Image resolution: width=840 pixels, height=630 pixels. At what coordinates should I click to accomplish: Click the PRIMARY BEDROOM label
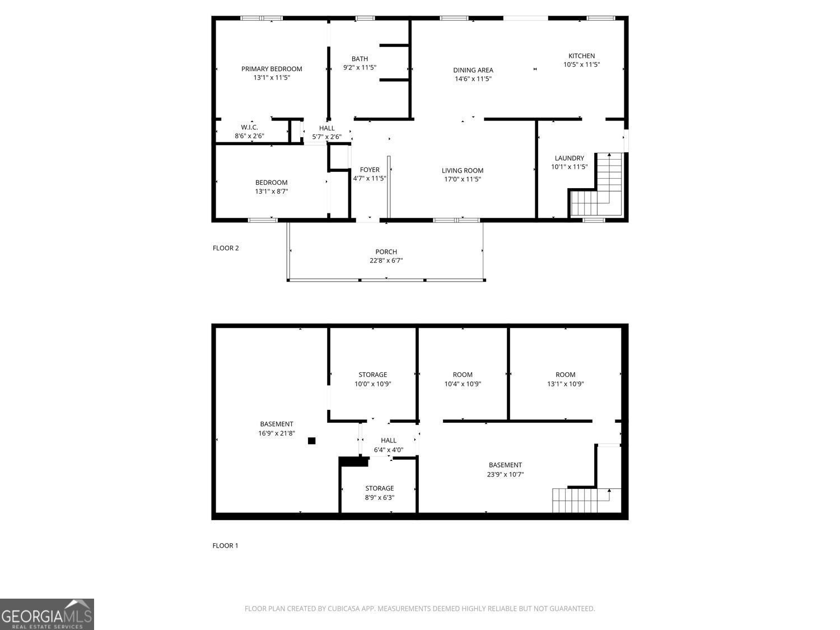click(x=272, y=69)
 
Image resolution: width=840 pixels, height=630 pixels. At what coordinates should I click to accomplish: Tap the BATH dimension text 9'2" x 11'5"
click(x=360, y=68)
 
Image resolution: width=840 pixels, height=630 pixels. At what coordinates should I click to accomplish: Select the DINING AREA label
click(x=473, y=71)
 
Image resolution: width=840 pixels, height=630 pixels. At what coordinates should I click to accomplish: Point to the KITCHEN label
click(x=581, y=56)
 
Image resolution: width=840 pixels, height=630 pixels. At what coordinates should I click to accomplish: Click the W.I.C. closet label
click(x=249, y=127)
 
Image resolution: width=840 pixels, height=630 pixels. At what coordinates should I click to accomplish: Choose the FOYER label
click(x=370, y=170)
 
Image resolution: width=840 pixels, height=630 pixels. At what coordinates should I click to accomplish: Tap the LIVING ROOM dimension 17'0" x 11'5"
click(x=463, y=179)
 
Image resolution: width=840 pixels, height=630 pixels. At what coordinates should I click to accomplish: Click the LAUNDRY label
click(x=570, y=158)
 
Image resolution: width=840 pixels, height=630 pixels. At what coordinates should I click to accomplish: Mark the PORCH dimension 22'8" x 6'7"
click(x=386, y=261)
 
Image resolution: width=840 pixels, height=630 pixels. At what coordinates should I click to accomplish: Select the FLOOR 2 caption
click(x=226, y=248)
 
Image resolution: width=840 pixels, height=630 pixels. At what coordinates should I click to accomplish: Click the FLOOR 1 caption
click(x=226, y=546)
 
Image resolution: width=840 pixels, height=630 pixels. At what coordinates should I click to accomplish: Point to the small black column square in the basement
click(x=311, y=441)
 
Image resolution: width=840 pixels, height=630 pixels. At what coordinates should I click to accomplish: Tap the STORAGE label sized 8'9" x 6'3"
click(x=379, y=488)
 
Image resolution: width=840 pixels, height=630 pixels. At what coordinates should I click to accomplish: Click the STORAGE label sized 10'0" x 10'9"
click(x=373, y=375)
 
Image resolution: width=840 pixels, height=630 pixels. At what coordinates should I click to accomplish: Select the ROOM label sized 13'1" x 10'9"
click(x=565, y=375)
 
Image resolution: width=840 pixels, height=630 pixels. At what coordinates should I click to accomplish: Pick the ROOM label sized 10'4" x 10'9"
click(x=463, y=375)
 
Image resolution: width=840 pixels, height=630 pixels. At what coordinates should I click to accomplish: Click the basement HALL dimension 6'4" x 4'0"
click(x=389, y=450)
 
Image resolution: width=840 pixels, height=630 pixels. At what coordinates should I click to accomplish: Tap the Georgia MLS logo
click(x=46, y=614)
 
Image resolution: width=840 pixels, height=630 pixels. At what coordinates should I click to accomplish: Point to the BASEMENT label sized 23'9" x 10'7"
click(x=505, y=465)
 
